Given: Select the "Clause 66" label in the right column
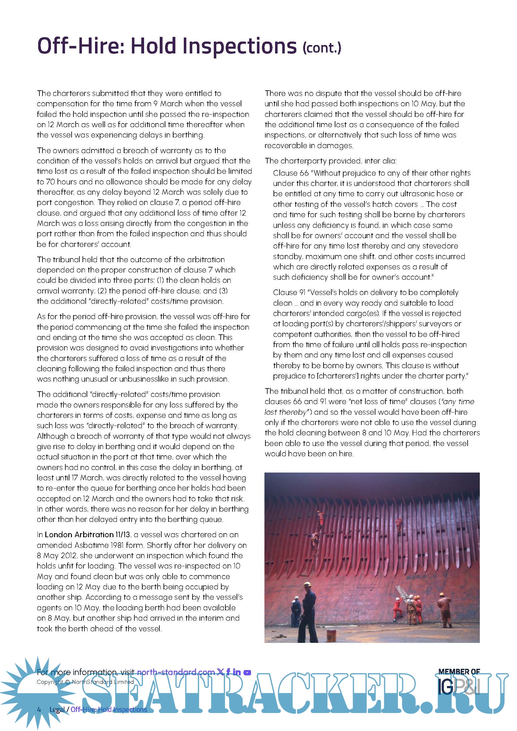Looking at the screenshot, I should [291, 173].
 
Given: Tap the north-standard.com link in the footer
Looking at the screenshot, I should [176, 672].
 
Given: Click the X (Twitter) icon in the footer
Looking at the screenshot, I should [220, 672].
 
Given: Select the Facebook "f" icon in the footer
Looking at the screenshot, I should [228, 672].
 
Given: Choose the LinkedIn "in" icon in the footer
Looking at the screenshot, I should [237, 672].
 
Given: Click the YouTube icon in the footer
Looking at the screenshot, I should [247, 673].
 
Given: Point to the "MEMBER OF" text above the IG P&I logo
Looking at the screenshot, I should [459, 671].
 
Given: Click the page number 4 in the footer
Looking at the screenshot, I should [39, 710].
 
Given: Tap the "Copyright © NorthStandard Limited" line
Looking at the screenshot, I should [85, 682].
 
